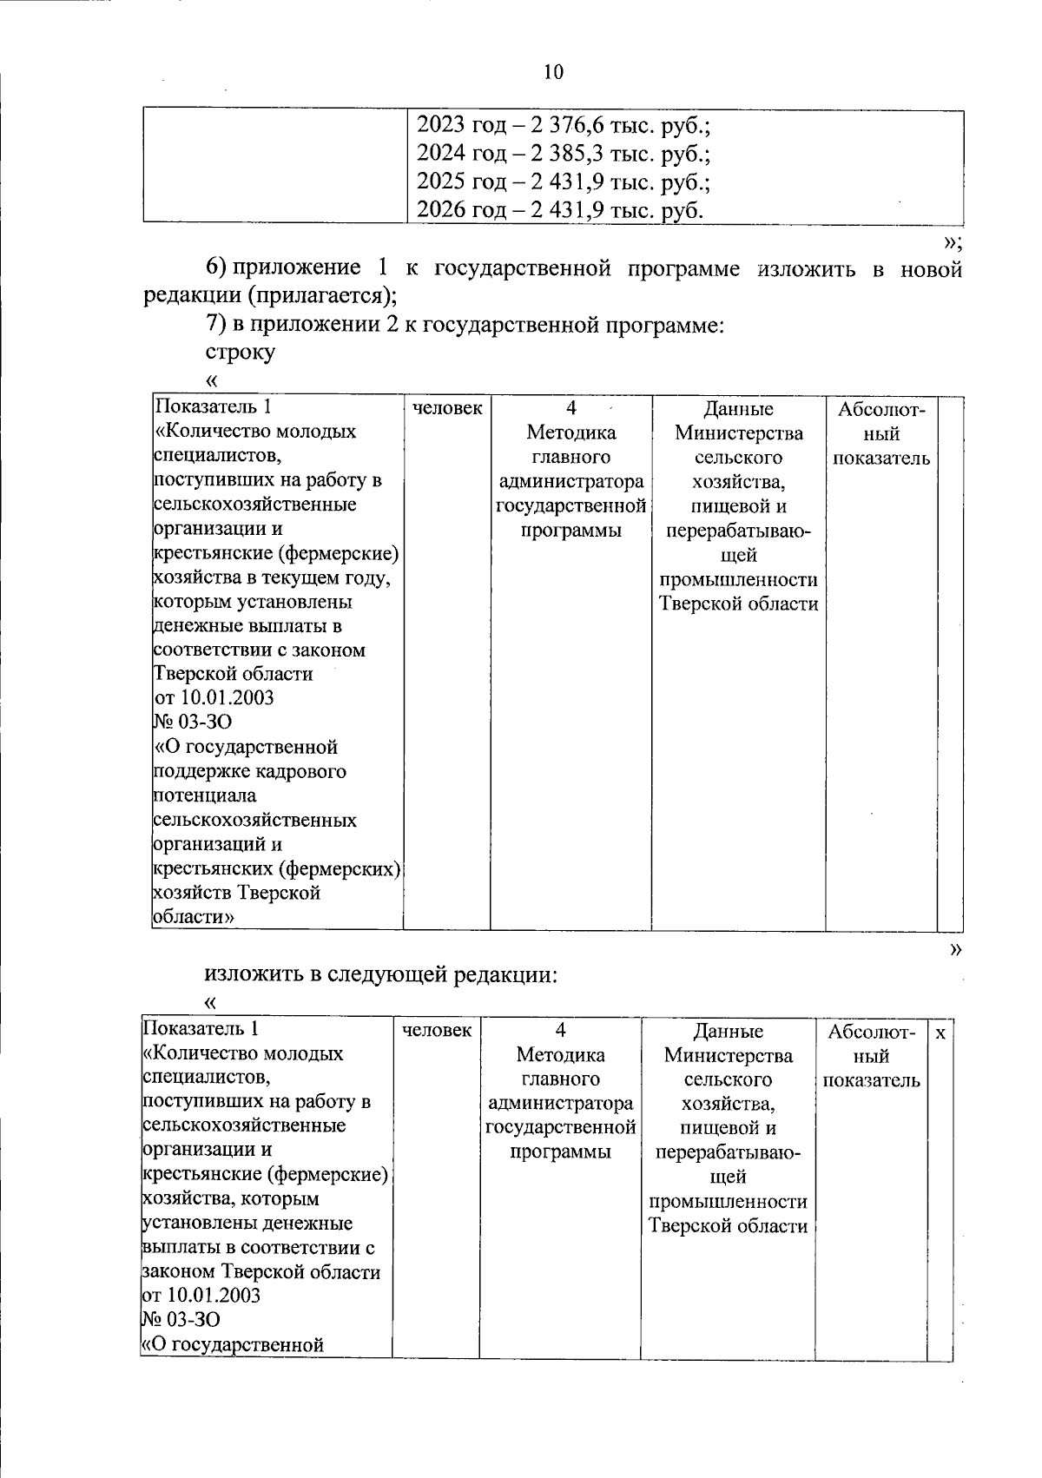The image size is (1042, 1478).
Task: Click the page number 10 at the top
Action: coord(553,72)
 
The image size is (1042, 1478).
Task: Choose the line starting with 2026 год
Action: coord(560,210)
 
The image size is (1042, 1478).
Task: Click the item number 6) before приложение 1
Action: coord(215,268)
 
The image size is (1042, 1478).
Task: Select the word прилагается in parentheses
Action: coord(316,296)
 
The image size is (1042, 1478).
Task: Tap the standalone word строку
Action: coord(240,353)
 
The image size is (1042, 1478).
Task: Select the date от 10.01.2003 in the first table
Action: coord(214,697)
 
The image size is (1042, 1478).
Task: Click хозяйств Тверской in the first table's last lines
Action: coord(236,893)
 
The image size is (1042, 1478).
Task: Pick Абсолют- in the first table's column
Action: coord(881,409)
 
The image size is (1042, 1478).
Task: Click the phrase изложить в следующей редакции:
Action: coord(380,974)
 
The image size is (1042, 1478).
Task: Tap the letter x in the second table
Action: coord(940,1032)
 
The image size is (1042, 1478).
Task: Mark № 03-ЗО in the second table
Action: coord(181,1320)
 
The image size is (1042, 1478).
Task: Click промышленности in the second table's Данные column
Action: coord(728,1202)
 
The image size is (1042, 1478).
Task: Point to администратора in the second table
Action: coord(560,1104)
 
